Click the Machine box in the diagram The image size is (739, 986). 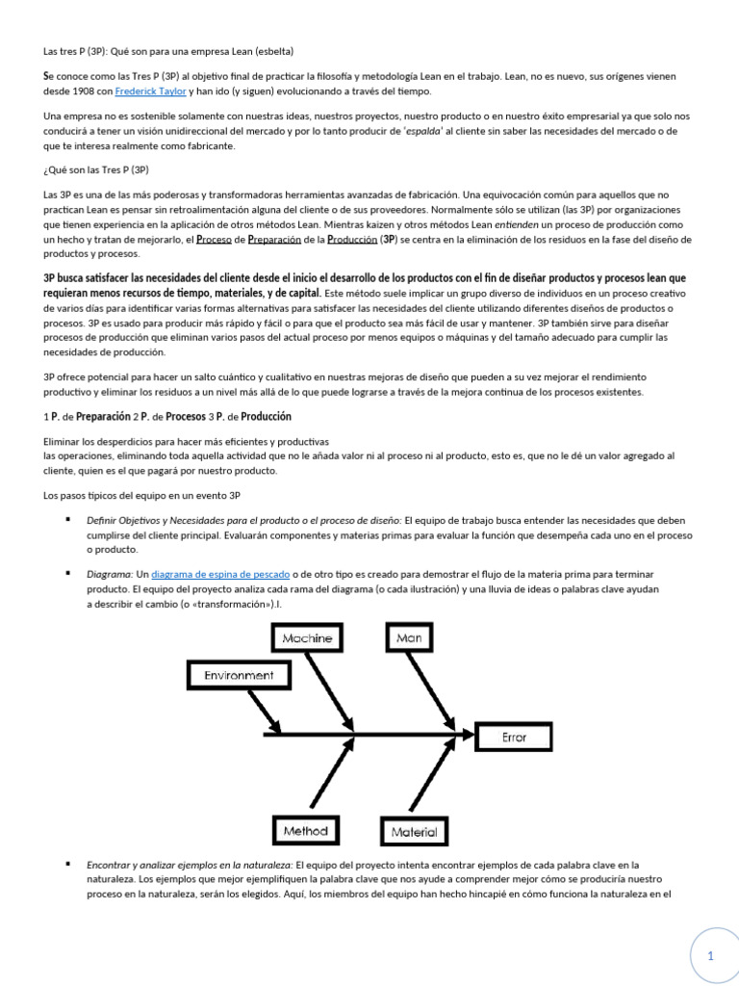click(x=308, y=637)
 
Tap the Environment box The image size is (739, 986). click(x=239, y=675)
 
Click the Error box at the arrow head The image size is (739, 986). click(x=515, y=738)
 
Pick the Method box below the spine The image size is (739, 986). click(x=306, y=830)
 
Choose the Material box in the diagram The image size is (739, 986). click(x=415, y=831)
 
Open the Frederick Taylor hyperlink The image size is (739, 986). click(x=150, y=91)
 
